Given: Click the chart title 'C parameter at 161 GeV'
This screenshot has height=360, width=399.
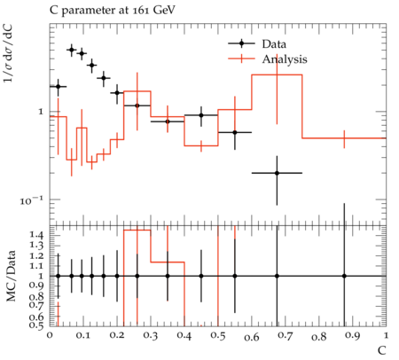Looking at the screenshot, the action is coord(113,11).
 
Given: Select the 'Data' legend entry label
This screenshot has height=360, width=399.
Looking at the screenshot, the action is coord(274,44).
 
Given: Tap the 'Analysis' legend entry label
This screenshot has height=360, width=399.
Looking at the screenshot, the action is coord(285,59).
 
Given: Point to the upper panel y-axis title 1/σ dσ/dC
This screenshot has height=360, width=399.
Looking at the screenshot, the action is coord(9,52).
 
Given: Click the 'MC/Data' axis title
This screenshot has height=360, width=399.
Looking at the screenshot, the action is coord(11,276).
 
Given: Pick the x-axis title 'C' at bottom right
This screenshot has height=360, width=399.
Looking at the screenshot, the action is coord(382,350).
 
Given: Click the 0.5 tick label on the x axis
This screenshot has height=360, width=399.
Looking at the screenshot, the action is coord(218,336).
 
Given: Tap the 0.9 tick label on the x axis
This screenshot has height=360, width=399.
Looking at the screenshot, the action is coord(353,336).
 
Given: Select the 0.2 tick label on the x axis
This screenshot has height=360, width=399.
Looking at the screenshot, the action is coord(117,336).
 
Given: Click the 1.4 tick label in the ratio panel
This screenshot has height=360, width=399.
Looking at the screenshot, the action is coord(36,236).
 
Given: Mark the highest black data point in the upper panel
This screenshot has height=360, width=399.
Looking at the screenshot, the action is coord(71,50).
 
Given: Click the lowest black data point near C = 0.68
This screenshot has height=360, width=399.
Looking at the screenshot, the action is coord(277,173).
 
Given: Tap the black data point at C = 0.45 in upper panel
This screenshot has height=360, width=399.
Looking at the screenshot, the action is coord(201,115).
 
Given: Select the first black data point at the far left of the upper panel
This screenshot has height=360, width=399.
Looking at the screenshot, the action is coord(58,87).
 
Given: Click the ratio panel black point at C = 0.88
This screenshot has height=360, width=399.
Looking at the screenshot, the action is coord(344,276).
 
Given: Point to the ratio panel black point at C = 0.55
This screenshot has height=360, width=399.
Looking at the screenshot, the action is coord(235,276).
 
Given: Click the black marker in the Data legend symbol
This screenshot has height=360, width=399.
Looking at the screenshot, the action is coord(241,43).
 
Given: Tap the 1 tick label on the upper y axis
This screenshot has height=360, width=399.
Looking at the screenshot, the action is coord(41,112).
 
